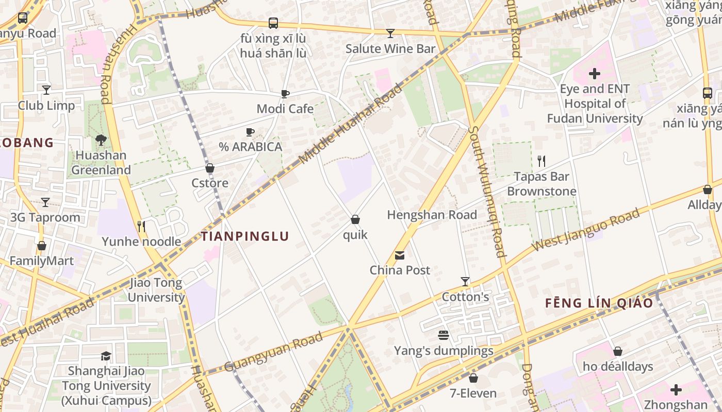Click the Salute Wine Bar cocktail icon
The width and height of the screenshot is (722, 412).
coord(390,33)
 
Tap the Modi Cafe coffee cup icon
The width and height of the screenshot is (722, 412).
coord(285,94)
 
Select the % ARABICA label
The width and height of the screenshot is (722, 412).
coord(251,147)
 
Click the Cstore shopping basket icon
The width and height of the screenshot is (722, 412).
coord(210,168)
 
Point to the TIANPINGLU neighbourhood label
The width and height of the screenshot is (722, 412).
coord(244,236)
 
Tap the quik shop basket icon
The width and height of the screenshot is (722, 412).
coord(355,220)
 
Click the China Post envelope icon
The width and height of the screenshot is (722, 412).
coord(400,255)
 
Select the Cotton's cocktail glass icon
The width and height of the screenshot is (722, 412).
coord(465,282)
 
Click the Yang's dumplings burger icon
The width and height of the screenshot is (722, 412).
coord(444,336)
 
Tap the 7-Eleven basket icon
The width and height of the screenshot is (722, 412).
coord(473,379)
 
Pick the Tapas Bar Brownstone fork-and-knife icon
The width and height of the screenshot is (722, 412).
coord(541,161)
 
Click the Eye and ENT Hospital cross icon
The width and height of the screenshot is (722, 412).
coord(595,74)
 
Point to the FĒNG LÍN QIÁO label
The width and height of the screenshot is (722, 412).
coord(599,303)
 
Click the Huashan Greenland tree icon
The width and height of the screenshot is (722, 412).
coord(101,140)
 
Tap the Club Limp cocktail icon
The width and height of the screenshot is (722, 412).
coord(46,90)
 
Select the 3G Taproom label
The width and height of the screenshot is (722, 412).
coord(45,217)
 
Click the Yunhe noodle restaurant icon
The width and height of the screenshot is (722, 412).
coord(141,227)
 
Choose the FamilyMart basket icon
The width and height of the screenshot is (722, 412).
coord(42,246)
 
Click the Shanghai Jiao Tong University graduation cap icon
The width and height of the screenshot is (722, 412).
coord(106,356)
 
